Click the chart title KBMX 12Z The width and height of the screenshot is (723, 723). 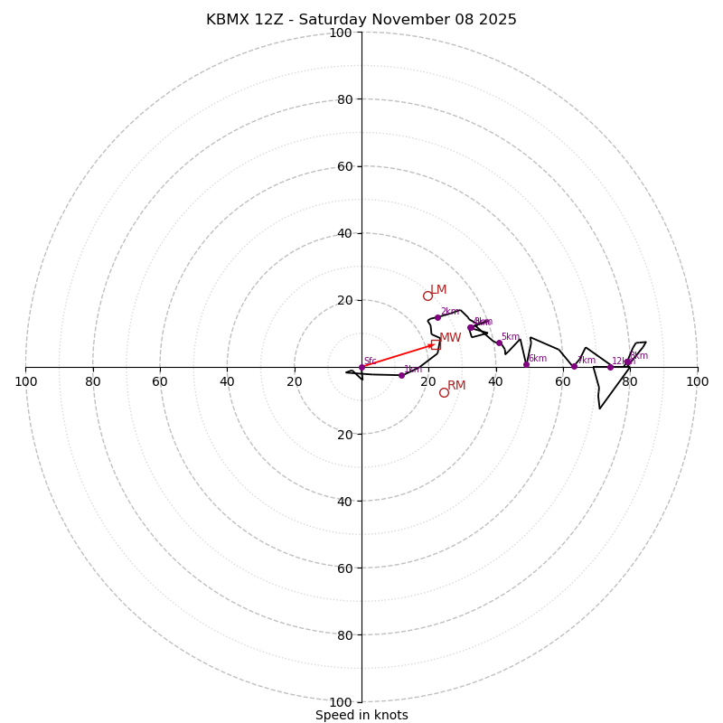click(361, 20)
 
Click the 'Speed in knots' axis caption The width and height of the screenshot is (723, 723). click(361, 715)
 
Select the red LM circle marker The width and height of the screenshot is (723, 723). click(427, 296)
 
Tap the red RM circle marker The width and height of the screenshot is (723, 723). click(444, 392)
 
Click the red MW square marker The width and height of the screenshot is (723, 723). click(435, 344)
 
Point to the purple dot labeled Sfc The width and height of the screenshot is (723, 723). click(361, 367)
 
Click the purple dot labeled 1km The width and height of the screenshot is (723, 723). click(401, 375)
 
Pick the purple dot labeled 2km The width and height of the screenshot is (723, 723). click(437, 317)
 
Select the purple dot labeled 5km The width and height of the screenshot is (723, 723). click(499, 343)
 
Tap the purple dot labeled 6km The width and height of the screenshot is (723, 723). click(526, 364)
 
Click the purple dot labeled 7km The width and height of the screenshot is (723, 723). click(574, 366)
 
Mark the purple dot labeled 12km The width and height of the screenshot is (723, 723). click(610, 367)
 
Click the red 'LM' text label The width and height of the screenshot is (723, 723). click(438, 290)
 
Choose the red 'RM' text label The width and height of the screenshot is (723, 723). click(456, 386)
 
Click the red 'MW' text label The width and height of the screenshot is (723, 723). click(450, 338)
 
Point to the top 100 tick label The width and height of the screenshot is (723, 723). click(341, 33)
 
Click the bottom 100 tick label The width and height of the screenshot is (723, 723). click(341, 701)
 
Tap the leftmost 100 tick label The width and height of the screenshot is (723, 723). click(25, 381)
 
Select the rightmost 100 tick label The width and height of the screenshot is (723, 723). click(697, 381)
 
